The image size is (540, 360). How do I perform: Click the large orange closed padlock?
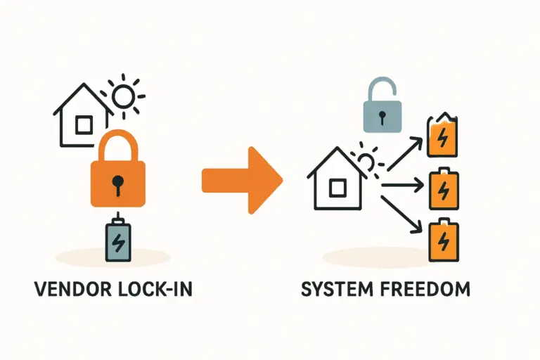pos(117,172)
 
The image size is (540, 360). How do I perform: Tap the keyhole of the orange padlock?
pos(117,184)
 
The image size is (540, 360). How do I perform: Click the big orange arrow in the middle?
pos(241,180)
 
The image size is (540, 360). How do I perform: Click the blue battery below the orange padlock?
pos(118,241)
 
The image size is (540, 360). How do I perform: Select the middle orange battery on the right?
pos(443,188)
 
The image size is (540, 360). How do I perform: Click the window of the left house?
pos(84,125)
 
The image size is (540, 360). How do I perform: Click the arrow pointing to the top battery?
pos(404,153)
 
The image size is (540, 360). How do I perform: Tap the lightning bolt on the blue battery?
pos(118,243)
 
